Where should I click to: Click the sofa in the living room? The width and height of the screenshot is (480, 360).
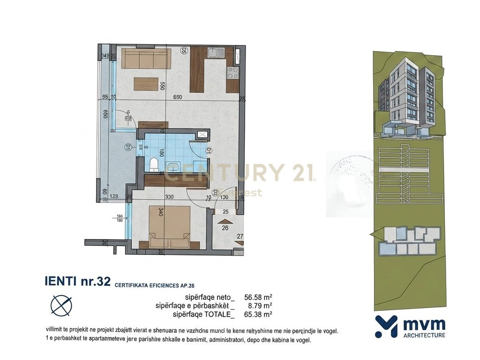click(x=146, y=59)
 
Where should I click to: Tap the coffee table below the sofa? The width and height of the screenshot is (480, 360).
click(x=146, y=83)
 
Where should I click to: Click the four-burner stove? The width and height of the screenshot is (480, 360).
click(x=233, y=73)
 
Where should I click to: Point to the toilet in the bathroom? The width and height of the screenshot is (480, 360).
click(x=153, y=163)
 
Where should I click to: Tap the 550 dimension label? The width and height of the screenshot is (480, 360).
click(x=162, y=86)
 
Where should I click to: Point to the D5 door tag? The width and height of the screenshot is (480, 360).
click(x=184, y=51)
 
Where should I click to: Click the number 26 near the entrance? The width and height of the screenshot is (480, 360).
click(x=225, y=228)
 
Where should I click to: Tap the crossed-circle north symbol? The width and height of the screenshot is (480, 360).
click(x=61, y=305)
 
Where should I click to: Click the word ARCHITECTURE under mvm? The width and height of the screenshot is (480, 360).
click(x=424, y=335)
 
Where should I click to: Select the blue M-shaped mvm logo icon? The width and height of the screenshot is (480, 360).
click(x=386, y=326)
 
